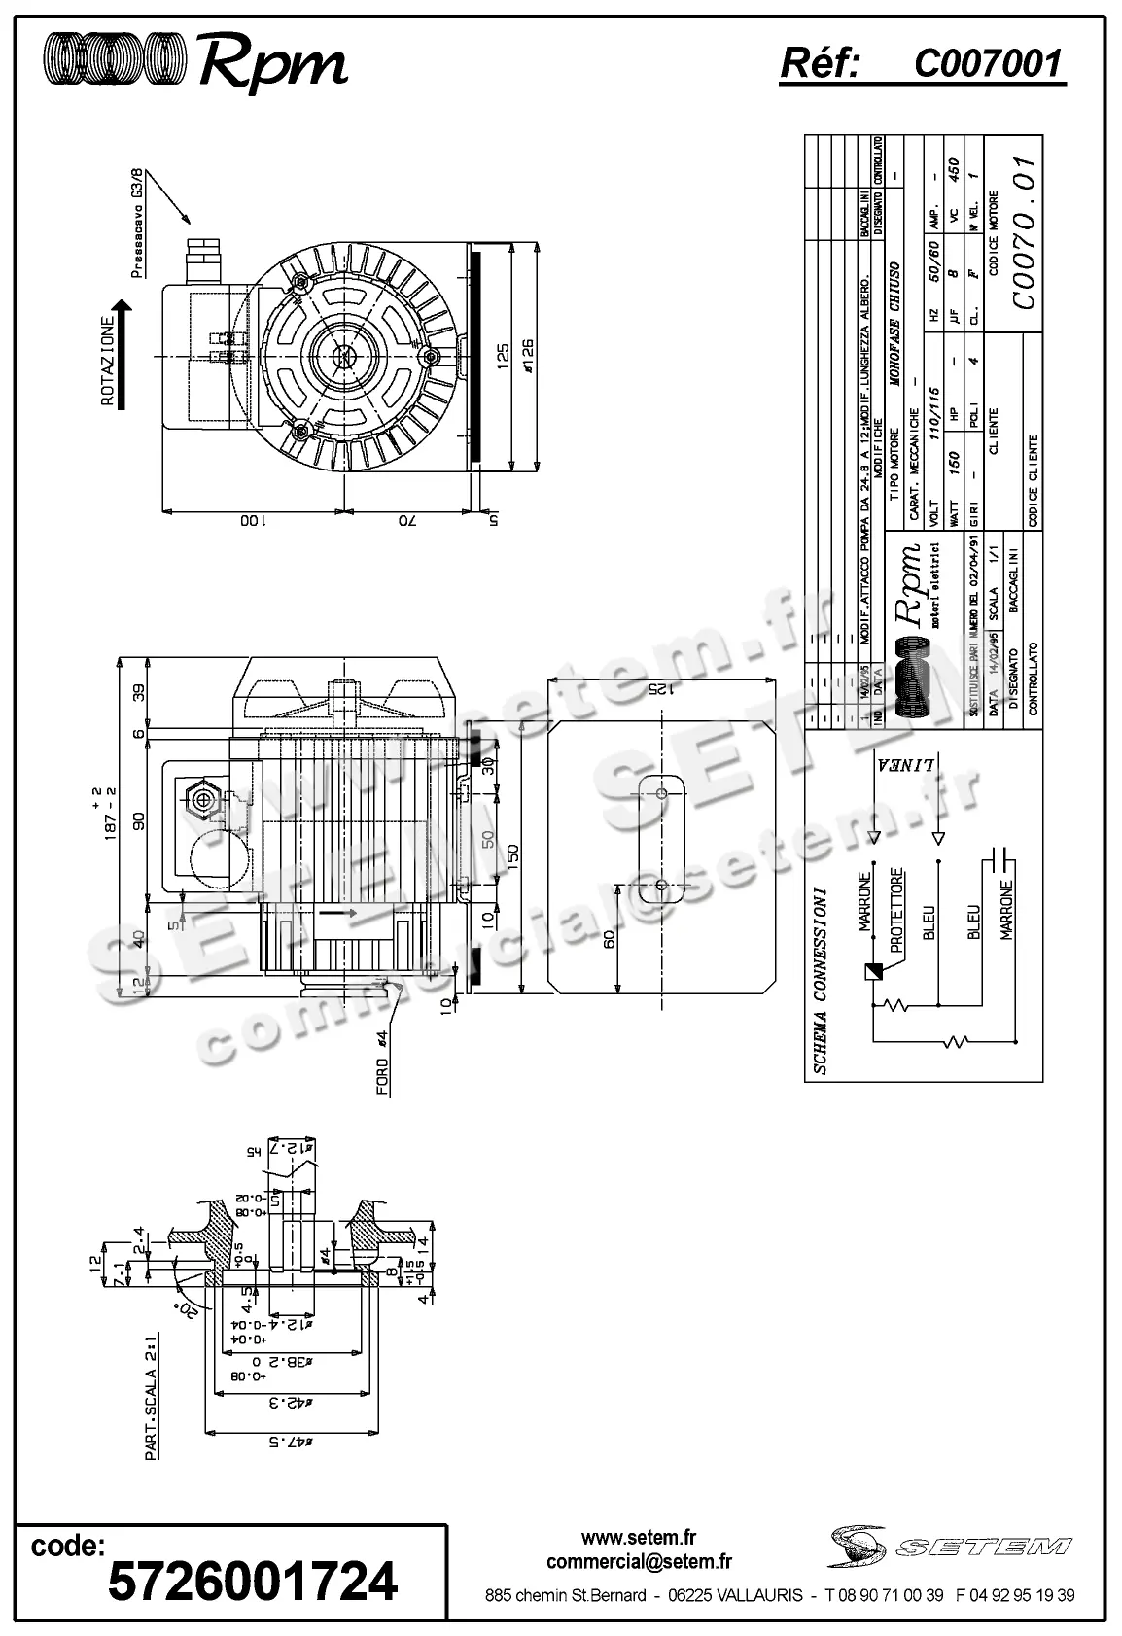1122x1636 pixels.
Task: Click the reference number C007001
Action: (988, 64)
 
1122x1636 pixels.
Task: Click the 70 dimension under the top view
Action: (404, 521)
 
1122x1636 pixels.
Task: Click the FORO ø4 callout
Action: (383, 1062)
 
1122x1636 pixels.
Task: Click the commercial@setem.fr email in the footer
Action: (639, 1562)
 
